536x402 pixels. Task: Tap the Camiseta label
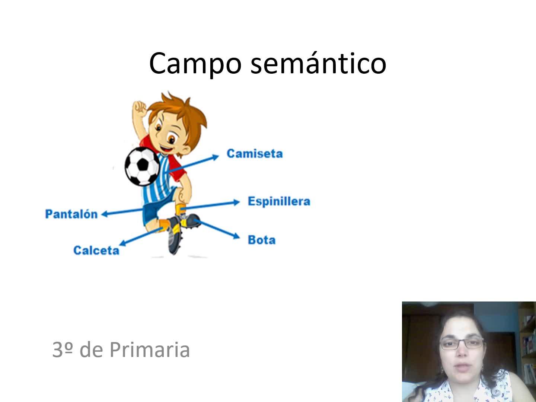(255, 154)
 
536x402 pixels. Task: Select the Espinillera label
(279, 202)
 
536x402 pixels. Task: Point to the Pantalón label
(71, 214)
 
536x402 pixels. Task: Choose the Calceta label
(96, 251)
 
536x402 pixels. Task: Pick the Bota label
(262, 240)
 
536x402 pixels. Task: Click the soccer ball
(142, 166)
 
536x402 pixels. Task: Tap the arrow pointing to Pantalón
(122, 212)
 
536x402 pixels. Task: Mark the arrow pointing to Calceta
(141, 236)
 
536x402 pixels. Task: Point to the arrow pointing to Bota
(217, 229)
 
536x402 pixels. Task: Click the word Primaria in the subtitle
(150, 350)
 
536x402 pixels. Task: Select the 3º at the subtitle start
(63, 350)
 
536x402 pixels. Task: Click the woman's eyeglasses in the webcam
(462, 344)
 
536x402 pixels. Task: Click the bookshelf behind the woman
(527, 347)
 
